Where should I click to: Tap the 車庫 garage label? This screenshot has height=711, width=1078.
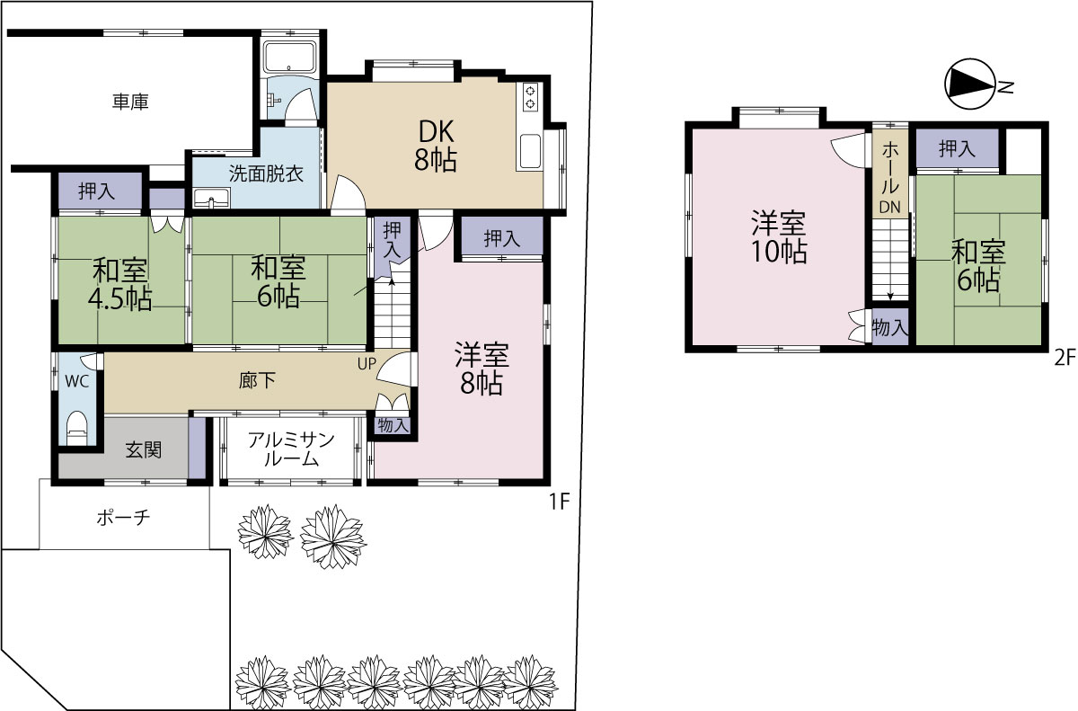point(130,102)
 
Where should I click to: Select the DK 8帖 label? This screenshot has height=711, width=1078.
point(436,146)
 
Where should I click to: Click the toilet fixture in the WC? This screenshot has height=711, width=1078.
point(77,430)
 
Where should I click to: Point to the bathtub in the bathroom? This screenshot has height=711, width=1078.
point(290,57)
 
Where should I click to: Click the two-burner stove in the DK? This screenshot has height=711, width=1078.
point(530,97)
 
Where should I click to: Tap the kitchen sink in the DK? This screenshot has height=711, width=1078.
point(530,151)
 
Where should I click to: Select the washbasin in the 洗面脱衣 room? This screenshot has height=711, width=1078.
point(212,198)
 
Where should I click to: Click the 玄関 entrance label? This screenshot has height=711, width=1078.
point(144,450)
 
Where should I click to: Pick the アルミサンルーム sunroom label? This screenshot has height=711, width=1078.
point(292,449)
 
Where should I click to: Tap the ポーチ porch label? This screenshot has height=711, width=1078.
point(124,518)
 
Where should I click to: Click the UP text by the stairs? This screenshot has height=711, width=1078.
point(367,364)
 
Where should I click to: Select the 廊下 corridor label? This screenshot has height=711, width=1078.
point(258,381)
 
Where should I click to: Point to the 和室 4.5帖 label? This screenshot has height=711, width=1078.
point(120,285)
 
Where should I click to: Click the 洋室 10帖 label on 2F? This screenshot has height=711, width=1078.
point(779,237)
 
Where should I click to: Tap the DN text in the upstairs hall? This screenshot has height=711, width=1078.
point(890,207)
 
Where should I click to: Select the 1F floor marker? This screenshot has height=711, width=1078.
point(560,502)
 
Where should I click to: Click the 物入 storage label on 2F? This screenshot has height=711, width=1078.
point(890,328)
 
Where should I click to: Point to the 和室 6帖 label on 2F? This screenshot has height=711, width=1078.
point(978,266)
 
